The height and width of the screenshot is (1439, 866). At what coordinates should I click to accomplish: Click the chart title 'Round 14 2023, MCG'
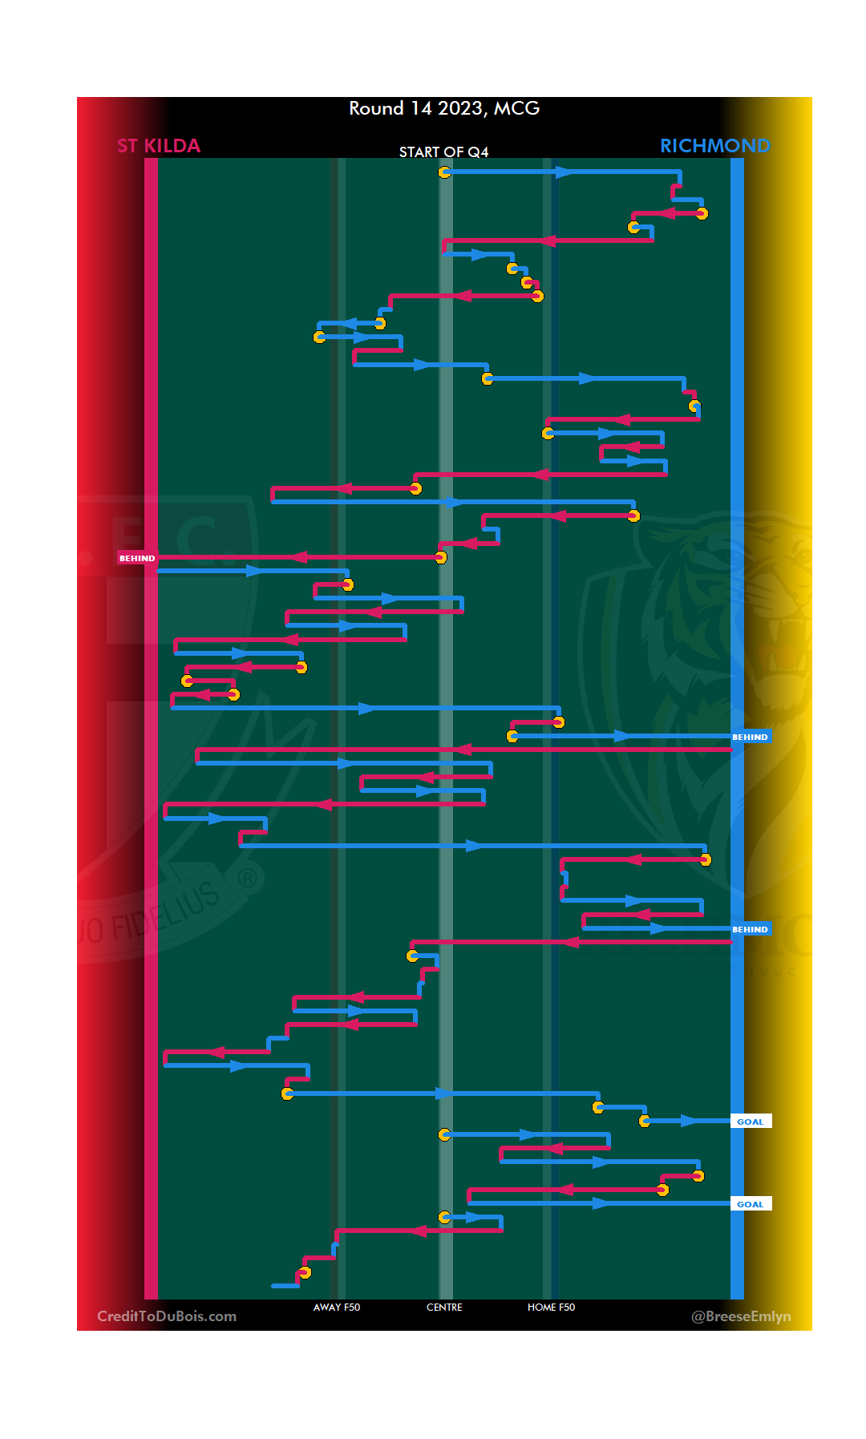point(444,108)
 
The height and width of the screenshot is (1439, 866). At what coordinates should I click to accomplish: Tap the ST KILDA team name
point(159,146)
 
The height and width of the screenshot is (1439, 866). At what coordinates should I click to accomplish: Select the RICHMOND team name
point(714,146)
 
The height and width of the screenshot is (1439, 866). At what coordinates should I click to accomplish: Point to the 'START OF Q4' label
point(443,152)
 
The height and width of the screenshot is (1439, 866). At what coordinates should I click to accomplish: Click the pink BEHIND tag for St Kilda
point(137,558)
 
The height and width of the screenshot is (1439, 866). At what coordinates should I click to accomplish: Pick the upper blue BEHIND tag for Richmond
point(750,737)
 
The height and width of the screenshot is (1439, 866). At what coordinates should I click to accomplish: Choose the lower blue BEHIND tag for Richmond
point(750,929)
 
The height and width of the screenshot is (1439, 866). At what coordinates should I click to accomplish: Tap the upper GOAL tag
point(751,1122)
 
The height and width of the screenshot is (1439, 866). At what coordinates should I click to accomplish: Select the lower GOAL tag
point(751,1204)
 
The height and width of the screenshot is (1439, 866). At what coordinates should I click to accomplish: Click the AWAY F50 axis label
point(337,1308)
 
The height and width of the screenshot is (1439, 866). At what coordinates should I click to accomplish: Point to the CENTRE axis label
point(444,1308)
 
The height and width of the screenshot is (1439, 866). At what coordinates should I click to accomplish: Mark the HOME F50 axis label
point(551,1308)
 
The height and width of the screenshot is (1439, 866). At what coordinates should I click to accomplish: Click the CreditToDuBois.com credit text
point(167,1316)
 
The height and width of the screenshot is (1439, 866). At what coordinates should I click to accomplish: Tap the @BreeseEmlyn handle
point(741,1316)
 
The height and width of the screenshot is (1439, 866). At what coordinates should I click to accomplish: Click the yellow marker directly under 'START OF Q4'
point(444,172)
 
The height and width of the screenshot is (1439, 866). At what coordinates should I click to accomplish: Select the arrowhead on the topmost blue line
point(565,172)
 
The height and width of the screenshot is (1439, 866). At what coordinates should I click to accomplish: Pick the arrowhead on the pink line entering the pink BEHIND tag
point(299,557)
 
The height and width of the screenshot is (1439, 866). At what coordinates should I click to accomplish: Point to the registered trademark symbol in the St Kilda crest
point(248,879)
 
